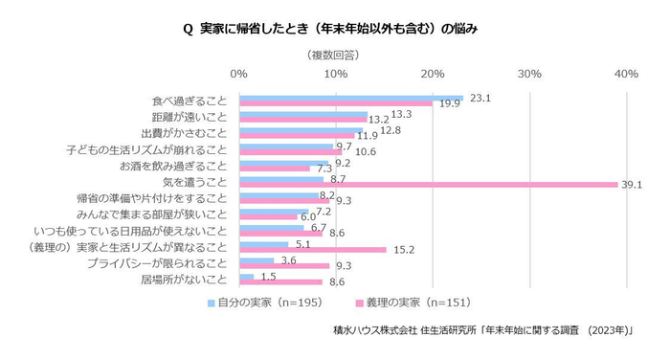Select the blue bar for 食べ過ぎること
pos(350,98)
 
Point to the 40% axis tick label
pos(627,74)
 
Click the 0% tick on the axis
pos(239,74)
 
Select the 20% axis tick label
pos(433,74)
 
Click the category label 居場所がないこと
pos(184,281)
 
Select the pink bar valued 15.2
pos(312,250)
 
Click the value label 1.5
pos(269,277)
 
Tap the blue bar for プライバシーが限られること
pos(257,260)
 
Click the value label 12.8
pos(390,129)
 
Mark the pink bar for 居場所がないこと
pos(280,282)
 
